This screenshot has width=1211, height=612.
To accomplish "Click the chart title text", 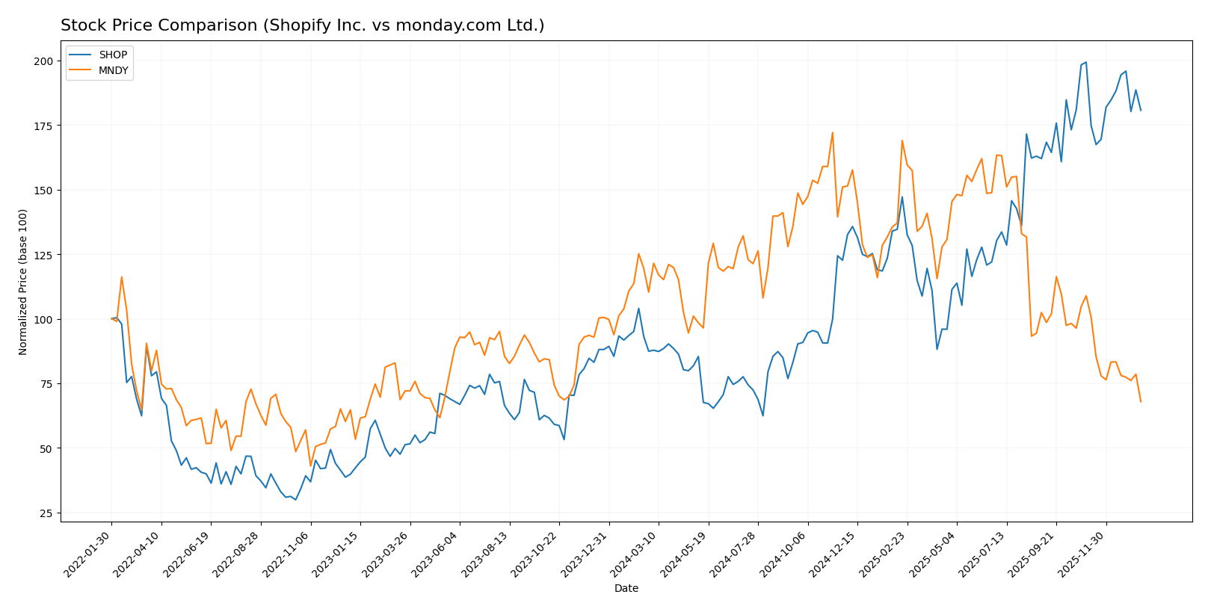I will (x=302, y=25).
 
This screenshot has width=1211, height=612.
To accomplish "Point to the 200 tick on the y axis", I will (x=45, y=61).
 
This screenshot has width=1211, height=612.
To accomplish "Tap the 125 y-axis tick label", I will (x=45, y=255).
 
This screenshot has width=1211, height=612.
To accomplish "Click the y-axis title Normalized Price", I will (x=23, y=282).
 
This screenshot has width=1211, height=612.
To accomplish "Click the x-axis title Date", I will (x=626, y=588).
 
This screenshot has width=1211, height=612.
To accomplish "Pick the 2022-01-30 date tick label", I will (x=88, y=554).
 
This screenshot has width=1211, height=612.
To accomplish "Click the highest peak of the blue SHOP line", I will (x=1086, y=62).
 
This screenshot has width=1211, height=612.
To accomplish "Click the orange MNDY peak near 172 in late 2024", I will (x=832, y=133).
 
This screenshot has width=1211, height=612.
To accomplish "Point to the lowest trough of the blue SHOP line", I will (x=295, y=499).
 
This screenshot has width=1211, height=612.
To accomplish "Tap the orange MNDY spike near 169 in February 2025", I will (x=902, y=140).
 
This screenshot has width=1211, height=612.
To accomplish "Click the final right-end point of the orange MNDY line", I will (x=1141, y=402).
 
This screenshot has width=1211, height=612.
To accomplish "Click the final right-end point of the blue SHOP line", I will (x=1141, y=111).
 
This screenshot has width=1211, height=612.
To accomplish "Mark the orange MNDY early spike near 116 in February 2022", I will (x=121, y=277).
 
